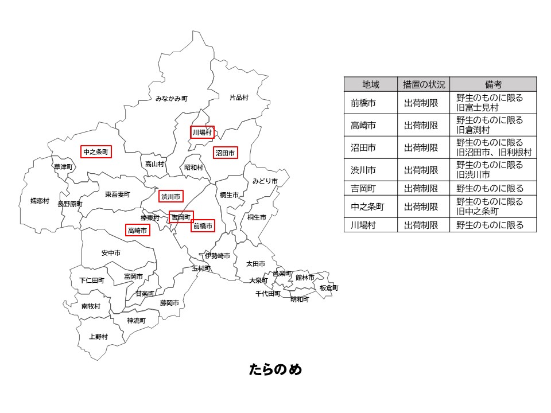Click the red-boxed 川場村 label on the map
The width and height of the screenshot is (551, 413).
click(x=202, y=133)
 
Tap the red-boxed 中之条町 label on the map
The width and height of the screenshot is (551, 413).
click(x=95, y=152)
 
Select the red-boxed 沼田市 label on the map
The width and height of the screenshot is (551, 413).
click(x=225, y=153)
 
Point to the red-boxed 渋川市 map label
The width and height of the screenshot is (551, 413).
click(x=170, y=197)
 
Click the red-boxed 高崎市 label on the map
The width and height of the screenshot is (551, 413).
click(x=137, y=231)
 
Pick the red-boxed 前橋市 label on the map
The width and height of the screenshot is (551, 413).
click(x=203, y=227)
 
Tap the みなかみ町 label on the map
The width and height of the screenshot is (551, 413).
click(x=171, y=99)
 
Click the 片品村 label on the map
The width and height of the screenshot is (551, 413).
click(x=239, y=98)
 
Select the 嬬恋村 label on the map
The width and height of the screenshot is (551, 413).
click(x=40, y=201)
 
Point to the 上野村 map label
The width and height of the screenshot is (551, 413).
click(x=98, y=337)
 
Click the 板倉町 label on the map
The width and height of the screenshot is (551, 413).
click(x=329, y=288)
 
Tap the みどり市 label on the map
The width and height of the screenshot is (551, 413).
click(x=265, y=181)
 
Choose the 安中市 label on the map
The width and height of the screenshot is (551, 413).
click(x=111, y=253)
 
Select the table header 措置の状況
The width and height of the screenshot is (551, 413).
click(x=424, y=84)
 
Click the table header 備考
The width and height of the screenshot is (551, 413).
click(x=493, y=84)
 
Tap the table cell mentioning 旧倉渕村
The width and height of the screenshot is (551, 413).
click(x=493, y=125)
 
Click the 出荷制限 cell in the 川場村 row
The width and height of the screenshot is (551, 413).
click(x=424, y=225)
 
